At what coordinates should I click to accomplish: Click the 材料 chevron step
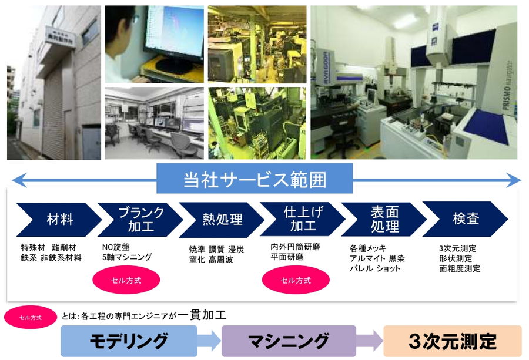59,220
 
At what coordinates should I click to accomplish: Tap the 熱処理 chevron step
222,220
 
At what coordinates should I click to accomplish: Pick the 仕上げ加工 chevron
303,219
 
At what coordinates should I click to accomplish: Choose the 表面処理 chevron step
384,219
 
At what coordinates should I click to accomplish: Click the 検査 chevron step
466,219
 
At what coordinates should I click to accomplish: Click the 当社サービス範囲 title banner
255,179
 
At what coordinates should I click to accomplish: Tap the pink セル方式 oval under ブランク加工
126,280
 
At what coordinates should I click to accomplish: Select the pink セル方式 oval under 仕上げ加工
296,280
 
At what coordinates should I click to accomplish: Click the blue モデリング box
129,341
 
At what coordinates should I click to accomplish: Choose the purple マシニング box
289,341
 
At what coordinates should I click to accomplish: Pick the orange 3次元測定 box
453,341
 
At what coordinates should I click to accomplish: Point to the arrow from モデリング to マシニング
209,341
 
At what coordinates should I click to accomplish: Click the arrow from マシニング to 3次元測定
370,341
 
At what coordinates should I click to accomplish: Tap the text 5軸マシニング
127,257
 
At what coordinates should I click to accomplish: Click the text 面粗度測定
460,268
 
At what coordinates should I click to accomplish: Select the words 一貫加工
202,315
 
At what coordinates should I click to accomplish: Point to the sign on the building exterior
60,38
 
